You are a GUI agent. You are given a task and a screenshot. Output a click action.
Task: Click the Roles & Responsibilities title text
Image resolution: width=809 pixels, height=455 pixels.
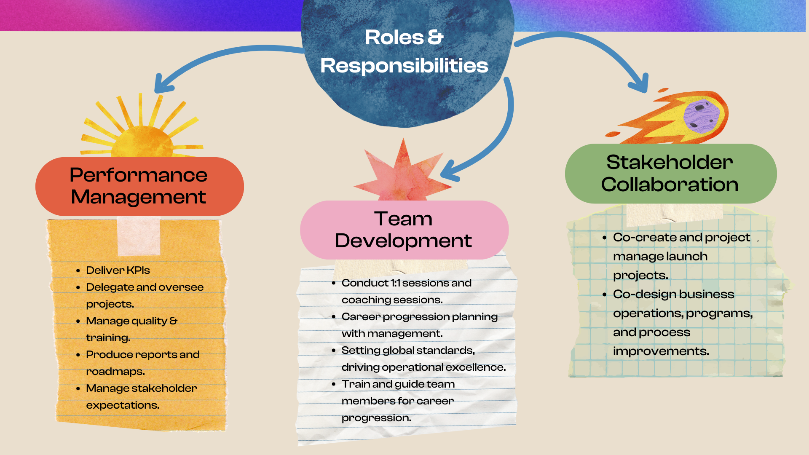pyautogui.click(x=404, y=51)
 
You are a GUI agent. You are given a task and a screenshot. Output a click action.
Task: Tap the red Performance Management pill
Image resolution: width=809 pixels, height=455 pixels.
pyautogui.click(x=139, y=186)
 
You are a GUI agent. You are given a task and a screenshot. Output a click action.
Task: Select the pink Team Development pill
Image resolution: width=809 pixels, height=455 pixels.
pyautogui.click(x=404, y=230)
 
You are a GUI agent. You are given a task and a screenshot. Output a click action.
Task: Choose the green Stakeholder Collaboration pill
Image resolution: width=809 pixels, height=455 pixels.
pyautogui.click(x=670, y=173)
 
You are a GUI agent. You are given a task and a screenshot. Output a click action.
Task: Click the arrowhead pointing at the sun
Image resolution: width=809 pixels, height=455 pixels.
pyautogui.click(x=162, y=84)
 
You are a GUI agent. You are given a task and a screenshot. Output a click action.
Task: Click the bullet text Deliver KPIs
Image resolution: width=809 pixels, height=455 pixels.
pyautogui.click(x=118, y=270)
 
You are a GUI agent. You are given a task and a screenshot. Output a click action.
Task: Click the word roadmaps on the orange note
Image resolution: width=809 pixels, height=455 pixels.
pyautogui.click(x=115, y=372)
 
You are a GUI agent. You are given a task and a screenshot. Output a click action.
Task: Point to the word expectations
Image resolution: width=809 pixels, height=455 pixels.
pyautogui.click(x=123, y=405)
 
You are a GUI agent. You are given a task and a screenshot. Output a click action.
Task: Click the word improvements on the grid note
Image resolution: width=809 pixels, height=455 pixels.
pyautogui.click(x=661, y=351)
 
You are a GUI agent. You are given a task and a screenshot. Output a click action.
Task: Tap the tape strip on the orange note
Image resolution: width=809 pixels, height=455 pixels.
pyautogui.click(x=139, y=237)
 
